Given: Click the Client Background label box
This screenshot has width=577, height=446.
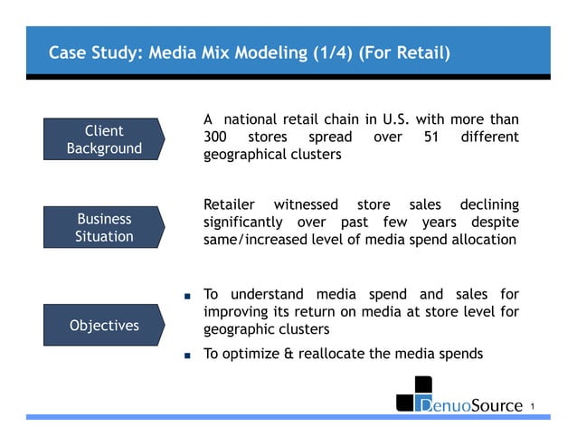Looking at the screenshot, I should click(103, 139).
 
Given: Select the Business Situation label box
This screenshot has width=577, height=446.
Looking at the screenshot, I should click(103, 227).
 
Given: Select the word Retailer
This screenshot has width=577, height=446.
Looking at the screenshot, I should click(230, 204).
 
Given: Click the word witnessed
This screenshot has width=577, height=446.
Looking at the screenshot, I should click(306, 204).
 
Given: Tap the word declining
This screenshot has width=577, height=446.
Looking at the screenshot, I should click(489, 204).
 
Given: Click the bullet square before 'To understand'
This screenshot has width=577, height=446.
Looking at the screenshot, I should click(187, 296).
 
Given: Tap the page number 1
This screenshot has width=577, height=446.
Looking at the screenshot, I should click(534, 406).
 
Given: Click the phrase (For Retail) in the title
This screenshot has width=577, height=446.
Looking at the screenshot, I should click(405, 52).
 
